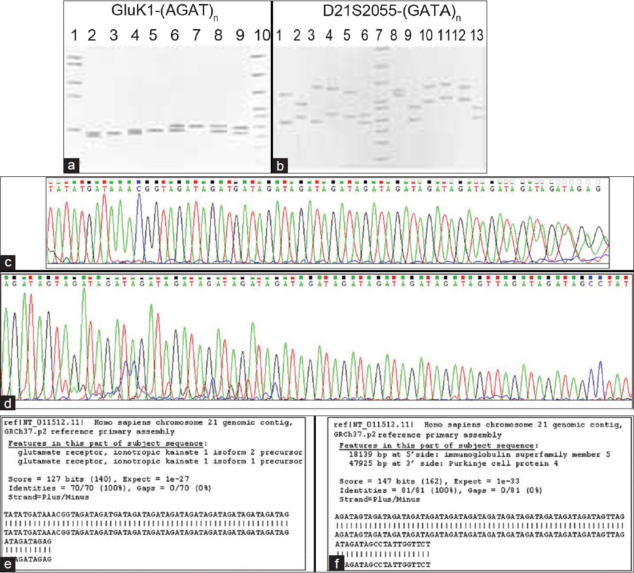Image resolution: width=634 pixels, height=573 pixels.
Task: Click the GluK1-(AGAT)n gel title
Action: click(x=164, y=13)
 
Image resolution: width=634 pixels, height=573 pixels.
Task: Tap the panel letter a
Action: click(x=71, y=166)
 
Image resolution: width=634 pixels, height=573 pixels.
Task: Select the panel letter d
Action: click(x=8, y=403)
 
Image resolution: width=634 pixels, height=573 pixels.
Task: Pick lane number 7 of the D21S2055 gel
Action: click(x=378, y=35)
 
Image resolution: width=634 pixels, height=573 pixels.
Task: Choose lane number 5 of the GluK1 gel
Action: click(x=153, y=35)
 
